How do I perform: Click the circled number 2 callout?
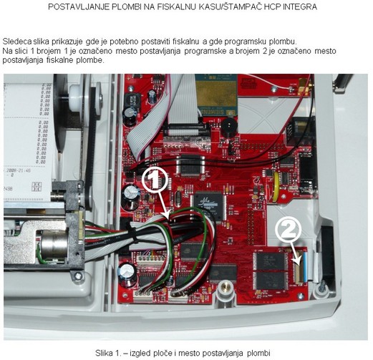coord(288,229)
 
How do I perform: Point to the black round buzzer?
coord(228,129)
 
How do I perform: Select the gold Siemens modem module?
coord(216,94)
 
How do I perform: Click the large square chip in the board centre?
coord(210,206)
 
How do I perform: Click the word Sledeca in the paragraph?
coord(17,42)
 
